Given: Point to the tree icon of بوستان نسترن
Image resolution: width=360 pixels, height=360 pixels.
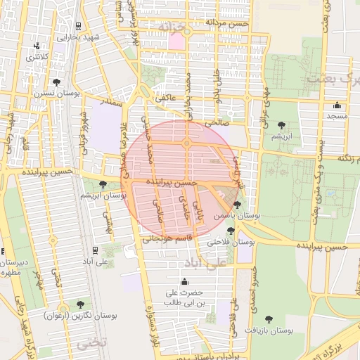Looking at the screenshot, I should (x=56, y=82).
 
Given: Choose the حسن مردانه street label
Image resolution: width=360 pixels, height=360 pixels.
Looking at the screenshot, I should (x=226, y=23).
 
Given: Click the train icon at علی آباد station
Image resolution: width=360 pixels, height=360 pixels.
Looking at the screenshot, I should (x=95, y=249).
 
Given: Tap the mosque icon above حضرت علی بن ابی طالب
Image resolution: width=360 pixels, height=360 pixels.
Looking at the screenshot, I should (x=184, y=281).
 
